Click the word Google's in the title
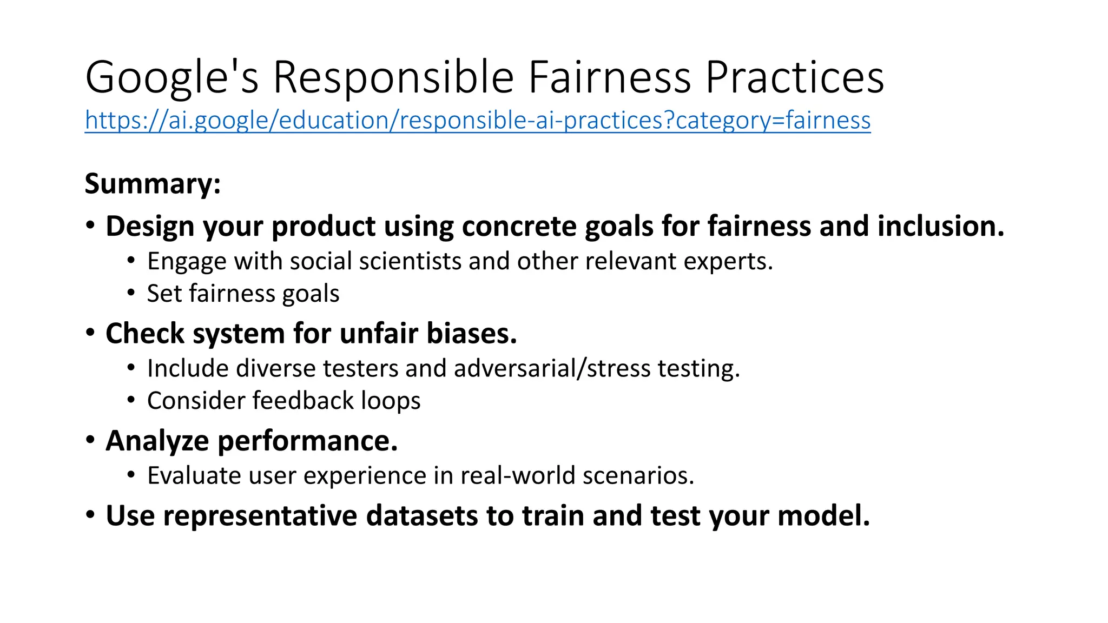(172, 78)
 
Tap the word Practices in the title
(795, 78)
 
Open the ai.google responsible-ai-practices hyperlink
(477, 120)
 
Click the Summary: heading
(153, 184)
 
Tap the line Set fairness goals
(243, 294)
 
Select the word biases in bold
(472, 333)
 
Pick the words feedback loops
(336, 401)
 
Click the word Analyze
(157, 441)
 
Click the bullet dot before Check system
(90, 332)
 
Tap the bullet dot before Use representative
(90, 514)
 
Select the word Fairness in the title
(609, 78)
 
